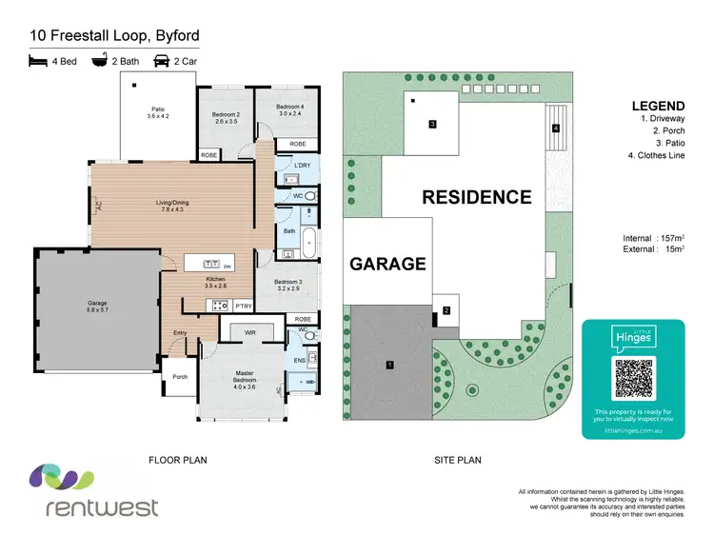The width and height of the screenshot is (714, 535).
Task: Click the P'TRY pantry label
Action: pos(244,306)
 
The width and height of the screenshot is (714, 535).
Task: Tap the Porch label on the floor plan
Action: pos(179,377)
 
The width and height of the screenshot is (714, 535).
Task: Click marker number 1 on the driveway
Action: pos(388,365)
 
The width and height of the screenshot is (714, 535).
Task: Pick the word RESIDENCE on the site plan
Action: pos(477,198)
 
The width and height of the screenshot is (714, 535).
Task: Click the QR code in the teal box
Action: pos(633,374)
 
